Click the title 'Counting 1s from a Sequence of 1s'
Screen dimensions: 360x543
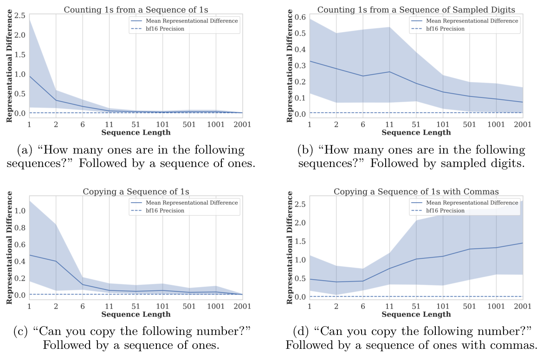click(x=136, y=9)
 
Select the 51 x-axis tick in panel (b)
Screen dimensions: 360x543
click(x=416, y=125)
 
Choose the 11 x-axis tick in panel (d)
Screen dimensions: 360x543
click(x=389, y=307)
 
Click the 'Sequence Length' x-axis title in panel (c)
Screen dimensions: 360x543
click(x=136, y=315)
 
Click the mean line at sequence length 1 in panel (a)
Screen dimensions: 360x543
click(x=30, y=76)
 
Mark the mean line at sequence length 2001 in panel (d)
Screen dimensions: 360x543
click(x=522, y=243)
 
